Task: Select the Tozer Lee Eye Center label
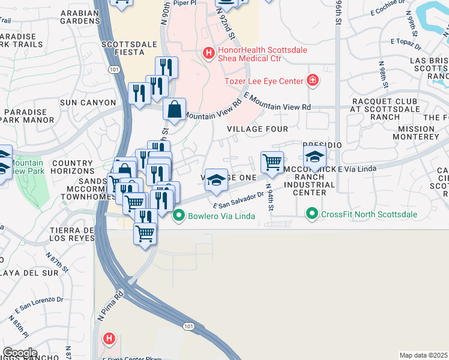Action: pyautogui.click(x=264, y=81)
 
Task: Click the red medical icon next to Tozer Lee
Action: pyautogui.click(x=312, y=80)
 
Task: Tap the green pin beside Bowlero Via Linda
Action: pyautogui.click(x=178, y=215)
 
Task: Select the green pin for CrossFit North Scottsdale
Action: pyautogui.click(x=312, y=213)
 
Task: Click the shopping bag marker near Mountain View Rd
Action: pyautogui.click(x=174, y=110)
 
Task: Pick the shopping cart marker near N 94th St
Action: pyautogui.click(x=273, y=162)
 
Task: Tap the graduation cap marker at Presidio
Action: pyautogui.click(x=315, y=157)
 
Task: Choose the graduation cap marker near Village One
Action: pyautogui.click(x=216, y=180)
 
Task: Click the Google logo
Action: pyautogui.click(x=19, y=353)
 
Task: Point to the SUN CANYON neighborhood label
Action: pyautogui.click(x=86, y=103)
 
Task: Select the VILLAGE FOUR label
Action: pyautogui.click(x=258, y=129)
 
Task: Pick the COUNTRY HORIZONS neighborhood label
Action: pyautogui.click(x=73, y=167)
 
